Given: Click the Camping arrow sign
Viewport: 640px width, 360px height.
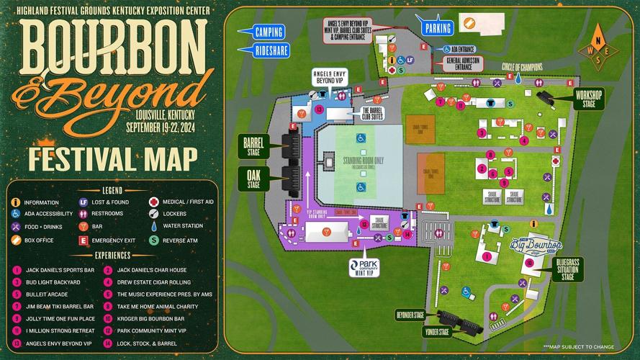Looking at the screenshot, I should [x=267, y=32].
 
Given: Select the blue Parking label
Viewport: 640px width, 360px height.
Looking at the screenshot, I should [x=438, y=28].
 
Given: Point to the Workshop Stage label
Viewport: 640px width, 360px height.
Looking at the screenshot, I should [x=589, y=99].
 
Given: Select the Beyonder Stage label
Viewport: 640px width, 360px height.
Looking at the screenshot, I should [x=409, y=315].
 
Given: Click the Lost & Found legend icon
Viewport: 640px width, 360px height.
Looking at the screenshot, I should [x=84, y=203].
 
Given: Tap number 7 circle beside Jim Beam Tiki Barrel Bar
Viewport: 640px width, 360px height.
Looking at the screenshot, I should [x=16, y=306].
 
